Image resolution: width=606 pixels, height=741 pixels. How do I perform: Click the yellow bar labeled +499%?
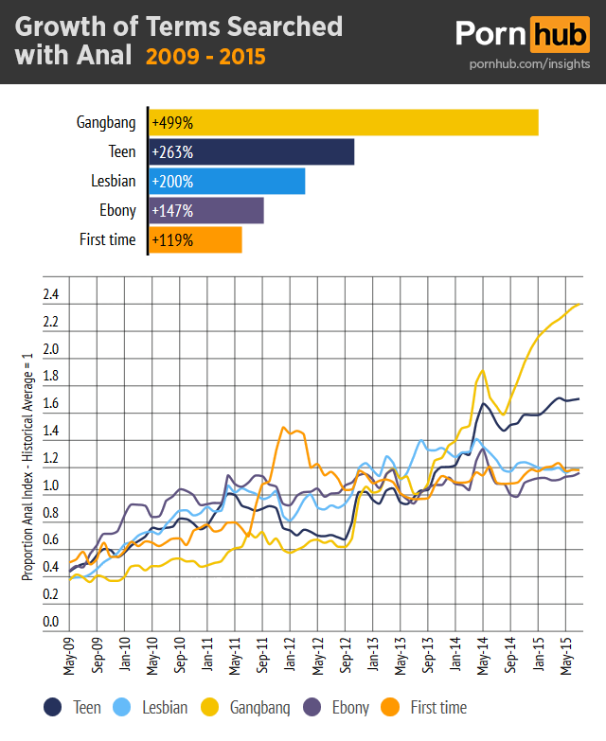(x=344, y=122)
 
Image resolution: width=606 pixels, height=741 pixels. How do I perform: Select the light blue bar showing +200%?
(x=227, y=181)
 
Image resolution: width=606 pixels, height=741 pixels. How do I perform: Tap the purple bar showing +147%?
(x=206, y=210)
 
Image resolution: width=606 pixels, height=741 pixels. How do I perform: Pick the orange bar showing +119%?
(x=196, y=239)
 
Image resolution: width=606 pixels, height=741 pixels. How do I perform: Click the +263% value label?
(x=171, y=151)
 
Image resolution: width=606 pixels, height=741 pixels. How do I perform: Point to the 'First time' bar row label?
(x=107, y=239)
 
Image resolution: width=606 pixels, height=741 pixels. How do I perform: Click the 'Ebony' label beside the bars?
(x=117, y=210)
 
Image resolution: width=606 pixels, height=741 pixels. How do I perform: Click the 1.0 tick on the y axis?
(x=51, y=486)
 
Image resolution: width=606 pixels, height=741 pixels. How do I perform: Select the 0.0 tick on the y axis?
(x=51, y=623)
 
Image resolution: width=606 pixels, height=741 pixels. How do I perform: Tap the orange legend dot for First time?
(x=390, y=707)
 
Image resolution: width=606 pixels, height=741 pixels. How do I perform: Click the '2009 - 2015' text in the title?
(x=205, y=57)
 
